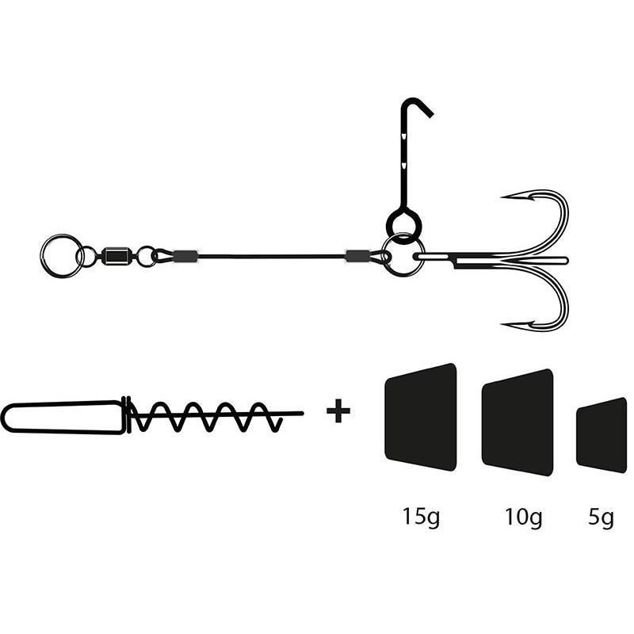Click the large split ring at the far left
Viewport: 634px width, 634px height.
pos(61,255)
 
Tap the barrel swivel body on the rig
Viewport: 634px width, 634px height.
pos(117,255)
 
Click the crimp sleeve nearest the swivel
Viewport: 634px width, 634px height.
pos(185,255)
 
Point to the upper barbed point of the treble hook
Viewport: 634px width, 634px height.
pos(507,196)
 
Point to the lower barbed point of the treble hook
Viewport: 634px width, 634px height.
pos(507,324)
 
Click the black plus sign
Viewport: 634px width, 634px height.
pos(338,412)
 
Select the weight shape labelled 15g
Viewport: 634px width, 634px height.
pos(421,416)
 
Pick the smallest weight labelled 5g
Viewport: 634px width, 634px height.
pos(602,434)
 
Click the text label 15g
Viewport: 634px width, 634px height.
pos(420,518)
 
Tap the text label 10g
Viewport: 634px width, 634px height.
pos(524,518)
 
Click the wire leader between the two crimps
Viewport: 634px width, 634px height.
pos(269,256)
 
